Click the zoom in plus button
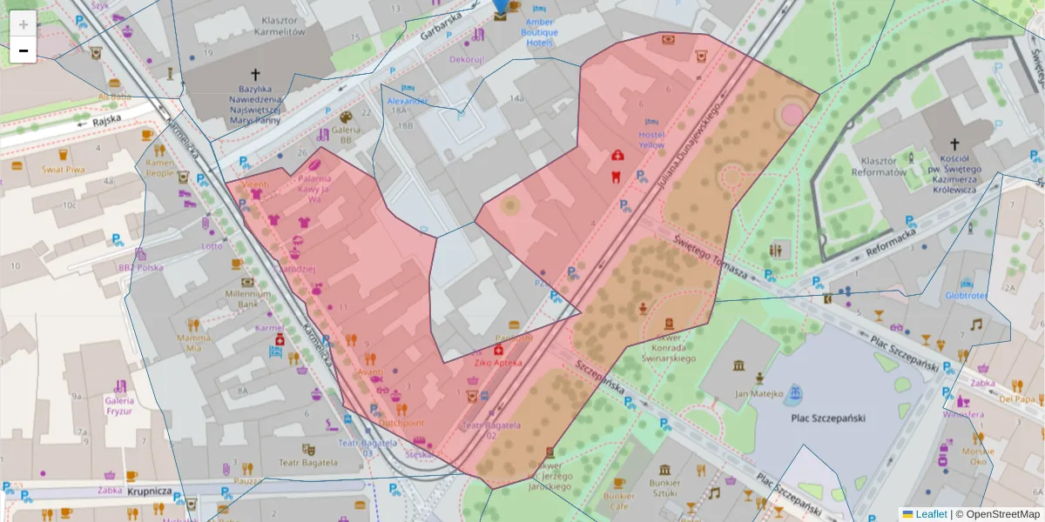click(x=24, y=24)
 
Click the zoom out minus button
click(x=24, y=50)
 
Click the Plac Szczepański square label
click(x=827, y=418)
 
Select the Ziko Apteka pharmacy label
click(x=498, y=362)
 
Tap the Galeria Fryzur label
click(x=118, y=405)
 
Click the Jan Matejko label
click(x=754, y=393)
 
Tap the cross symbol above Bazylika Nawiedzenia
click(x=255, y=74)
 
